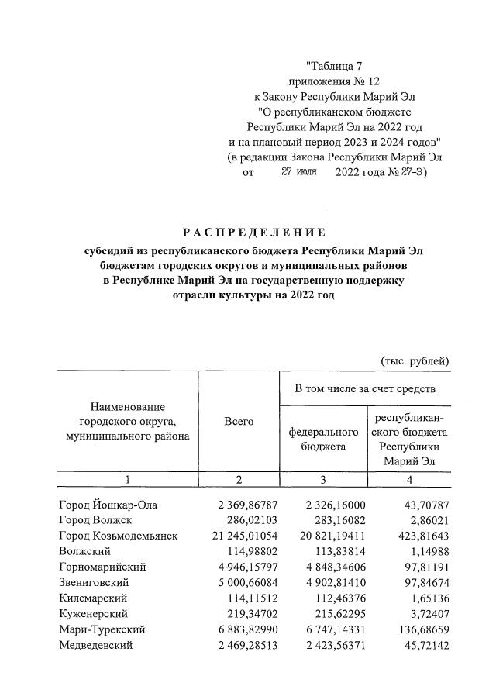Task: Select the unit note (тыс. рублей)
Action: pyautogui.click(x=415, y=360)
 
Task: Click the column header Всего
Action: pyautogui.click(x=239, y=421)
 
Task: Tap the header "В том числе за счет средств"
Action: pyautogui.click(x=363, y=388)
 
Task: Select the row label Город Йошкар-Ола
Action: pyautogui.click(x=108, y=505)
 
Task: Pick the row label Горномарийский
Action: pyautogui.click(x=102, y=567)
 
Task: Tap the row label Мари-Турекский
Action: pyautogui.click(x=102, y=629)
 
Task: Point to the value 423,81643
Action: pyautogui.click(x=417, y=536)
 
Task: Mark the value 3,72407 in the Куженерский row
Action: pyautogui.click(x=423, y=613)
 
